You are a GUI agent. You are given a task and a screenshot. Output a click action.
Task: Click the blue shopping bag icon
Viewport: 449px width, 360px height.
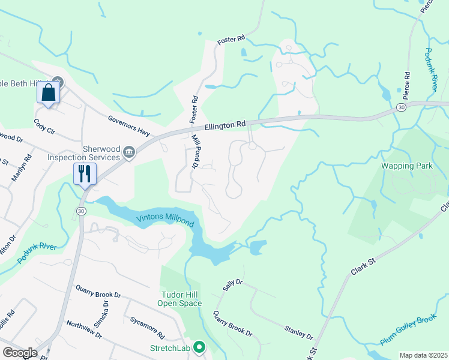pos(49,94)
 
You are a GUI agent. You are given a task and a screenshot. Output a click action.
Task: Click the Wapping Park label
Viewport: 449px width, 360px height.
pos(403,164)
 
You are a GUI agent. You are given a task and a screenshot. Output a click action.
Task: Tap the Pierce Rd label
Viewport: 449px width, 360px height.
pos(406,85)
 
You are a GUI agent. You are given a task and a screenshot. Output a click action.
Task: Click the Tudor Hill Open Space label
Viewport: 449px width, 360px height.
pos(179,299)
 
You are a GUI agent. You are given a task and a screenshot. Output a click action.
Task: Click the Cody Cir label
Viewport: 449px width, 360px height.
pos(45,125)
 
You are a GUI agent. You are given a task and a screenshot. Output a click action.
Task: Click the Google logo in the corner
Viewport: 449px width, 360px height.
pos(20,353)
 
